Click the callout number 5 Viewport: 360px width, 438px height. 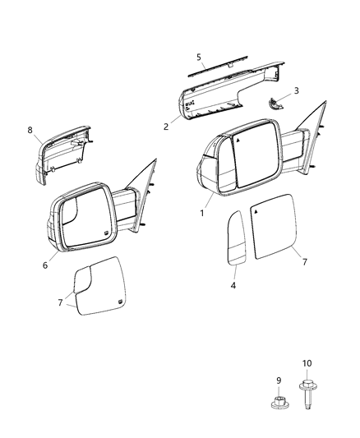pos(198,58)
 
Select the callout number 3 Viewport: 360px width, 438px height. pos(296,90)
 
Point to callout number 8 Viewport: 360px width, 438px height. pos(30,129)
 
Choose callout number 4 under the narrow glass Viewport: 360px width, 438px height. pos(233,285)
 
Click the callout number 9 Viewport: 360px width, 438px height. pos(279,380)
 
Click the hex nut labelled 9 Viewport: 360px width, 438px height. pos(279,403)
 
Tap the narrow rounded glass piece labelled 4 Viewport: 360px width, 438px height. pos(234,238)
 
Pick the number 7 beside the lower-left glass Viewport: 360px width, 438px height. pos(61,303)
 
